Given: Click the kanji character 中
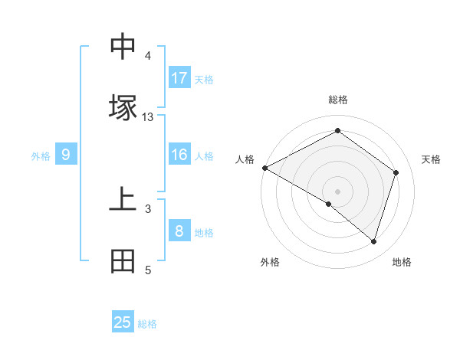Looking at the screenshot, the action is click(x=123, y=47).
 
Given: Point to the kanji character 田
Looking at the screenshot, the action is click(x=123, y=261).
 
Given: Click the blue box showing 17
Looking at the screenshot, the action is click(x=179, y=78).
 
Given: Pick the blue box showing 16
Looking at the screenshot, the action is click(x=179, y=155).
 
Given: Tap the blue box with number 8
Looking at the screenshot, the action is click(x=179, y=231).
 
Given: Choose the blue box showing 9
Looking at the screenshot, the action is click(x=66, y=155).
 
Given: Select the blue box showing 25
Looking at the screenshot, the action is click(x=123, y=322).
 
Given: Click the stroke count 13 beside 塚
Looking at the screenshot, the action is click(x=148, y=117).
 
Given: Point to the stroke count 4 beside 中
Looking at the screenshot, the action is click(x=148, y=56).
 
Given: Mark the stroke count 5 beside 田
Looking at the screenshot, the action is click(x=148, y=270).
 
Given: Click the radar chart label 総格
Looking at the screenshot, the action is click(x=337, y=100).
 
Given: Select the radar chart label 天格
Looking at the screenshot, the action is click(x=431, y=159).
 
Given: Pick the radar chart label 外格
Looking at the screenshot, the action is click(x=270, y=262).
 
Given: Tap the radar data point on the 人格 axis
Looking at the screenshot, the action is click(x=264, y=168).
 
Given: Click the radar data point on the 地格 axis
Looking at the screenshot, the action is click(x=374, y=242).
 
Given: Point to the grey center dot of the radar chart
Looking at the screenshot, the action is click(x=337, y=191).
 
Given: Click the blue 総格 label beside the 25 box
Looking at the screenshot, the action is click(x=147, y=324).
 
